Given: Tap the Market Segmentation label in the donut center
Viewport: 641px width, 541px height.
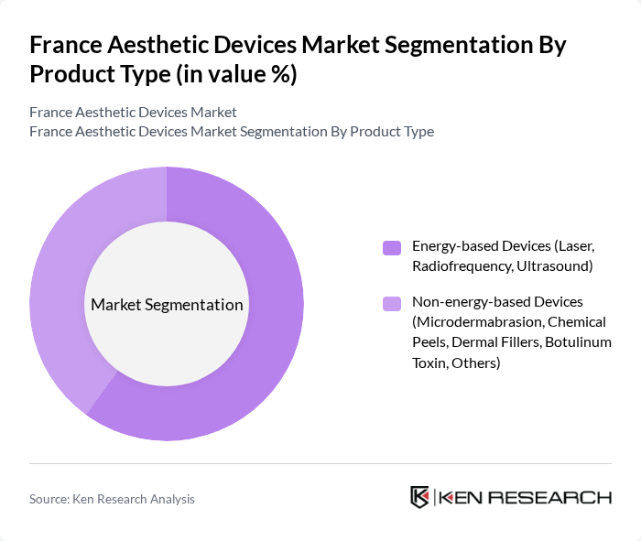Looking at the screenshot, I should coord(167,305).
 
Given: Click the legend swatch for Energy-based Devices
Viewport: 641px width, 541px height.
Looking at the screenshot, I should coord(392,247).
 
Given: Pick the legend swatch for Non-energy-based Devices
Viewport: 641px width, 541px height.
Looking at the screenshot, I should coord(392,302).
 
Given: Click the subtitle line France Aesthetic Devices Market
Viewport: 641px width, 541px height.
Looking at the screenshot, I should coord(133,112).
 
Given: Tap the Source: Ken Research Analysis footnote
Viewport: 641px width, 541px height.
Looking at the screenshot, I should coord(112,499).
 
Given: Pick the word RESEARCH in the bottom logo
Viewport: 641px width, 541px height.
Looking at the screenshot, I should coord(560,497).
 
